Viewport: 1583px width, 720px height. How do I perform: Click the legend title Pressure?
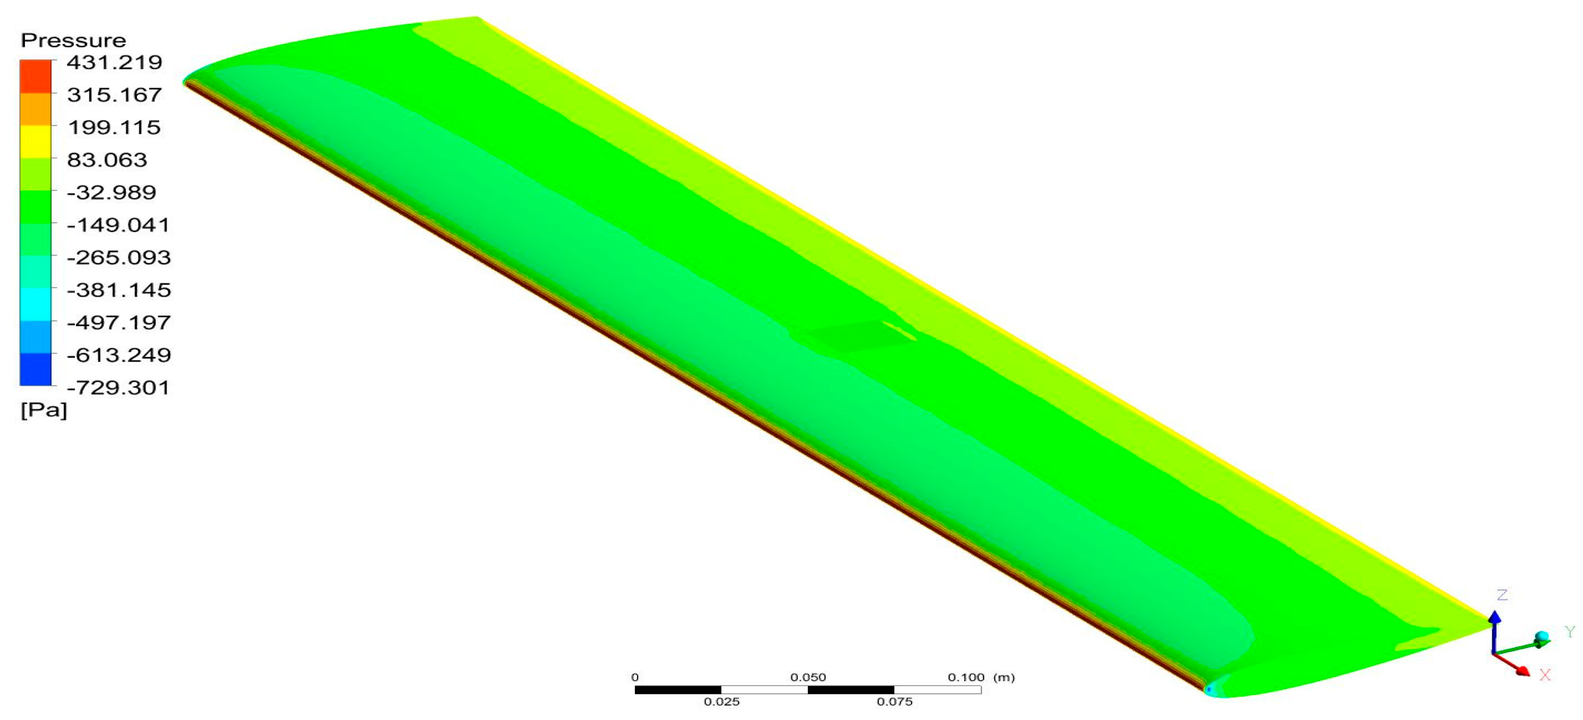pyautogui.click(x=73, y=40)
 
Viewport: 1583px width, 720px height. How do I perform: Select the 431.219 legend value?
pyautogui.click(x=114, y=62)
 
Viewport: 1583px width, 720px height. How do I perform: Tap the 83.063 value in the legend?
pyautogui.click(x=107, y=160)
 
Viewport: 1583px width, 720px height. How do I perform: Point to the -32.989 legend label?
pyautogui.click(x=112, y=192)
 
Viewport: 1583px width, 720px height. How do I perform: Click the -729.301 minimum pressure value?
pyautogui.click(x=118, y=388)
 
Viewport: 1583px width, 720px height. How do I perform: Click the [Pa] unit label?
pyautogui.click(x=43, y=410)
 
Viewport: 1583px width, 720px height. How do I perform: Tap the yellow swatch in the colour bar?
pyautogui.click(x=35, y=141)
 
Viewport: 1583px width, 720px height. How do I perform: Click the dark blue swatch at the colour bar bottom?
pyautogui.click(x=35, y=370)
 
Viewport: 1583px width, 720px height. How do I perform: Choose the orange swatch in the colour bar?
pyautogui.click(x=35, y=109)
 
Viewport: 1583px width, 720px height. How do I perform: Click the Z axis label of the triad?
pyautogui.click(x=1502, y=595)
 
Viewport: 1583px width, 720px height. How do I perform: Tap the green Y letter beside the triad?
pyautogui.click(x=1570, y=632)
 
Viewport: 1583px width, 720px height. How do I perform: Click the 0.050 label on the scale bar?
pyautogui.click(x=807, y=678)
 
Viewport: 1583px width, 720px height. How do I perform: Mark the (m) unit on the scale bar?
pyautogui.click(x=1004, y=678)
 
